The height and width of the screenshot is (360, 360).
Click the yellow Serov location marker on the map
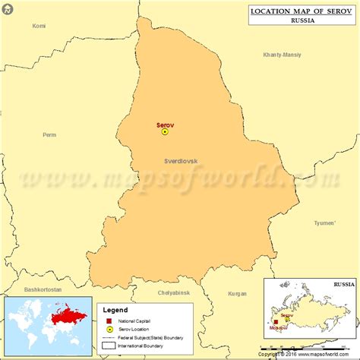[x=165, y=131]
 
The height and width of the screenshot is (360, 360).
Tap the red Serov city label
[x=166, y=123]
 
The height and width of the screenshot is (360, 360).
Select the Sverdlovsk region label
[x=181, y=161]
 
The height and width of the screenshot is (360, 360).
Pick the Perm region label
[x=49, y=135]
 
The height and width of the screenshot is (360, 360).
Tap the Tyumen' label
[x=324, y=223]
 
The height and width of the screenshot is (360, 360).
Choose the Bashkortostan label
[x=44, y=289]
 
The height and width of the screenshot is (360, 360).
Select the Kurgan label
[x=238, y=293]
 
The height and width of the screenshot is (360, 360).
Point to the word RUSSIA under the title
[x=302, y=21]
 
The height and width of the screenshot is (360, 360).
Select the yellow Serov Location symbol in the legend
[x=109, y=329]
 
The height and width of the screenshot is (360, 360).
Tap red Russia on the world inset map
[x=63, y=314]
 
